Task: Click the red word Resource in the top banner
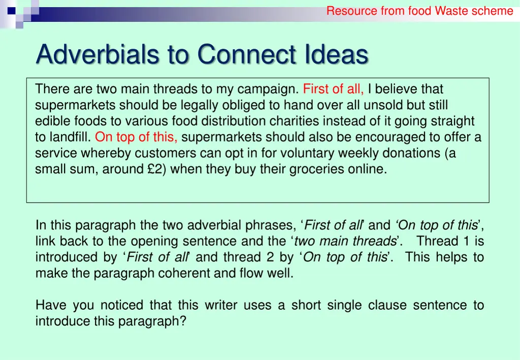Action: click(352, 11)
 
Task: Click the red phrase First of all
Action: click(333, 89)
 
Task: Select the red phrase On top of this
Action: click(136, 137)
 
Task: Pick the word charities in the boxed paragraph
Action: click(310, 121)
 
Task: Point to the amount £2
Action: click(155, 169)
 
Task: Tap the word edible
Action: click(50, 121)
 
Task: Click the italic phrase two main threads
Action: click(345, 241)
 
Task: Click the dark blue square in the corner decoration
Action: click(11, 9)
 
